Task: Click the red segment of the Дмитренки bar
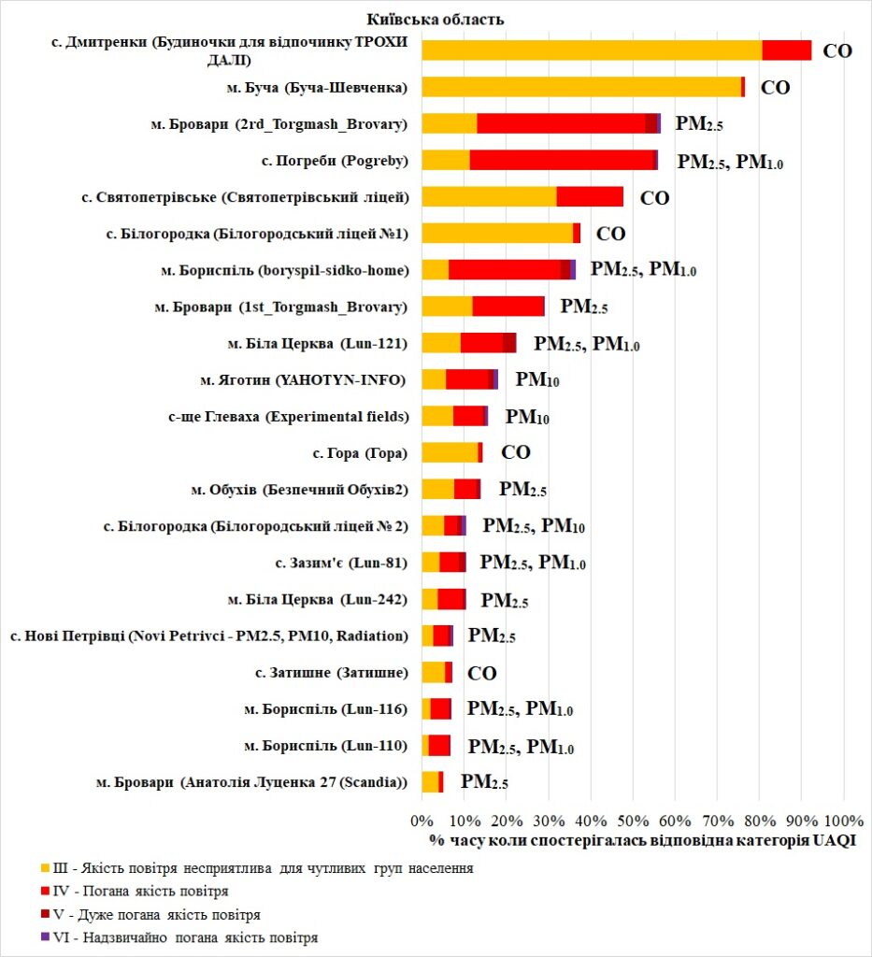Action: pos(786,50)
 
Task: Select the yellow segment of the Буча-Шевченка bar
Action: pos(580,87)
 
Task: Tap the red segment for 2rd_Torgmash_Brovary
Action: pos(561,123)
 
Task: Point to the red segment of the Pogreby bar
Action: pos(561,160)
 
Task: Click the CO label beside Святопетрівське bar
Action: pos(654,197)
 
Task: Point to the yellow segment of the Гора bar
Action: pos(450,453)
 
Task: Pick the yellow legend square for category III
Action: pos(44,868)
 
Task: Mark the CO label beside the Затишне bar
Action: pos(481,673)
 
